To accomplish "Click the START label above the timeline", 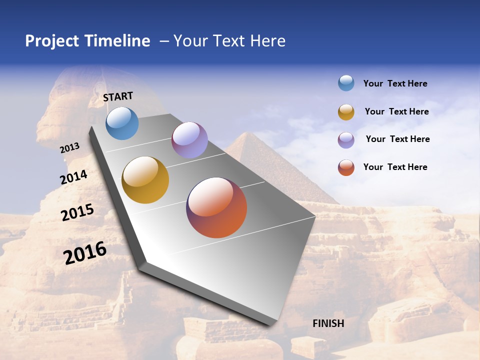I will pos(118,96).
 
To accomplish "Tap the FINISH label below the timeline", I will pos(328,323).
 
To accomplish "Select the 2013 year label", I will pos(70,148).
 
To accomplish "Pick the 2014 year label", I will pos(74,177).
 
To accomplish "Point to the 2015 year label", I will pos(77,212).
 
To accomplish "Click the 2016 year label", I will pos(85,252).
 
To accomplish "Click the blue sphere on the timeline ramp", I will pos(122,123).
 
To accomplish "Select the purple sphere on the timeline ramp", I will pos(189,140).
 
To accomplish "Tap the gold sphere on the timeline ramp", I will pos(145,180).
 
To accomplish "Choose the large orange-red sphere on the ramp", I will pos(216,207).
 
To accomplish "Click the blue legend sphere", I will pos(346,83).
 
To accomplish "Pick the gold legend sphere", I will pos(346,112).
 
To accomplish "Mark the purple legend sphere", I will pos(346,140).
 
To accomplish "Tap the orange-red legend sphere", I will pos(346,167).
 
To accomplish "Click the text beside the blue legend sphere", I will pos(395,83).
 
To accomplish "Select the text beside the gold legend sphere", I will pos(396,111).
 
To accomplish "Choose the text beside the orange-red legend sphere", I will pos(395,167).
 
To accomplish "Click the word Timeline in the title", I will pos(117,41).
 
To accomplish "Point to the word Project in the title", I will pos(52,41).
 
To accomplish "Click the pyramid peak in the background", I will pos(248,134).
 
